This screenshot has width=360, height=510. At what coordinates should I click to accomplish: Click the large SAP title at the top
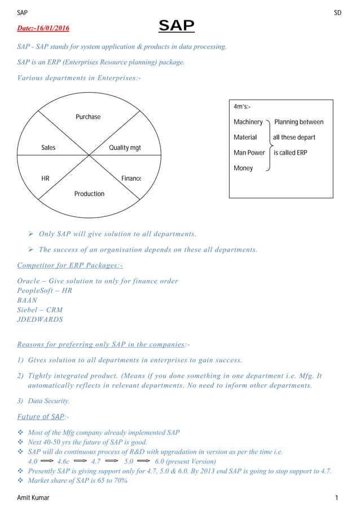click(x=177, y=26)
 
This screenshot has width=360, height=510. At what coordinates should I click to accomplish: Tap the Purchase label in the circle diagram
click(x=88, y=117)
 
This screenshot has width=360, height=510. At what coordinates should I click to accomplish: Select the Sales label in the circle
click(x=49, y=148)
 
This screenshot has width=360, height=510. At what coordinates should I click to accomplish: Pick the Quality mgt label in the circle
click(x=125, y=148)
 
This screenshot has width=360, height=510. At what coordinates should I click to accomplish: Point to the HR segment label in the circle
click(x=45, y=178)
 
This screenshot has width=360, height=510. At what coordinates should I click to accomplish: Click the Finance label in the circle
click(x=131, y=178)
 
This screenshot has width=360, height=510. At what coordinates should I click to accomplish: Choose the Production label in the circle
click(x=89, y=194)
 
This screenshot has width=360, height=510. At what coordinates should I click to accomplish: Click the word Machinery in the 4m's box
click(x=248, y=122)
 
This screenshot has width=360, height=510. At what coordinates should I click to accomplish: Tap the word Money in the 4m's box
click(x=243, y=168)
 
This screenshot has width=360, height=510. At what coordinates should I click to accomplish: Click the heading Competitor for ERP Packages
click(x=70, y=265)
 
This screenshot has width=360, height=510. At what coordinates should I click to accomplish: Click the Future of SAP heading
click(x=42, y=417)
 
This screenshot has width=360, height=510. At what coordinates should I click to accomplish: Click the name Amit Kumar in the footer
click(x=33, y=498)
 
